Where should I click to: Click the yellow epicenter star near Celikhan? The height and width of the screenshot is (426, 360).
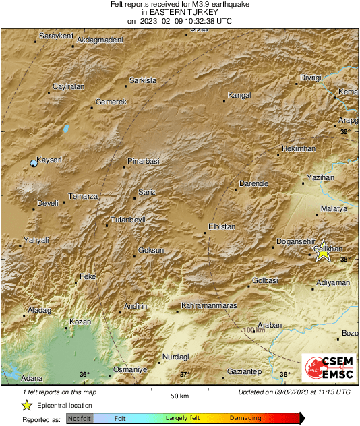[x=324, y=252]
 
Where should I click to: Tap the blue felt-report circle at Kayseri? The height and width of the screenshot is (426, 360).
[x=34, y=163]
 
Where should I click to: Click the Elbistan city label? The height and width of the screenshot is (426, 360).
[x=222, y=226]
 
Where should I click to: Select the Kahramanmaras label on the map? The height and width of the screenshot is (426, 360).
[x=209, y=306]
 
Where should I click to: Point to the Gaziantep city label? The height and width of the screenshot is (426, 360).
[x=244, y=371]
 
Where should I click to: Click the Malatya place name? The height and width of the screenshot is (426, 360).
[x=334, y=209]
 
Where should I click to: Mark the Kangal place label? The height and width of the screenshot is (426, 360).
[x=239, y=95]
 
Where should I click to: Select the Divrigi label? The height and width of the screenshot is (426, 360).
[x=311, y=78]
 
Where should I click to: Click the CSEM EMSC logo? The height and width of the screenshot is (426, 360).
[x=325, y=369]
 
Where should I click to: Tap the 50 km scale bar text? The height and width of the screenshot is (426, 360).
[x=179, y=395]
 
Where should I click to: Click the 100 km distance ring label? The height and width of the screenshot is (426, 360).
[x=254, y=330]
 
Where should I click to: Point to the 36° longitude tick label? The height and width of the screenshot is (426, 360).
[x=84, y=374]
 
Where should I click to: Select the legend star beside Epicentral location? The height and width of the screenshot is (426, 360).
[x=26, y=405]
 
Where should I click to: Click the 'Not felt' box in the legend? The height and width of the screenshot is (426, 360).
[x=80, y=419]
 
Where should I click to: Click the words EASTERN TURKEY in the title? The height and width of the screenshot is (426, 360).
[x=180, y=12]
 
